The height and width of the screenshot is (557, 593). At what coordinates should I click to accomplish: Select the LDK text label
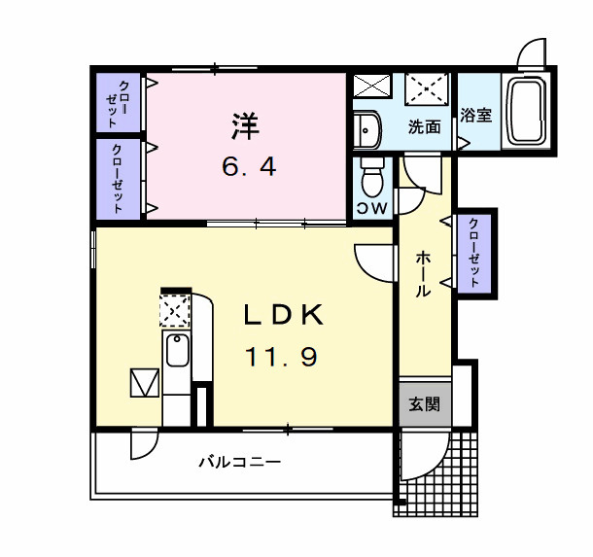(x=282, y=315)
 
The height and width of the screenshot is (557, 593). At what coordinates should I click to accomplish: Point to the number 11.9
(x=280, y=358)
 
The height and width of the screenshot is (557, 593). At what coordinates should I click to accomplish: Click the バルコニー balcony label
(x=240, y=462)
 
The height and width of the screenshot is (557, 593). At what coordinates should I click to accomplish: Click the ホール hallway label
(x=424, y=272)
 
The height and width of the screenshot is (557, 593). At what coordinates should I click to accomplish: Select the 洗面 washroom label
(x=424, y=126)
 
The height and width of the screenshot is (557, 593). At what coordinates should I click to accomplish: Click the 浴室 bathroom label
(x=476, y=115)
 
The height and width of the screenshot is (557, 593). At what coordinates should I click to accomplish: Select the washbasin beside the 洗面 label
(x=367, y=126)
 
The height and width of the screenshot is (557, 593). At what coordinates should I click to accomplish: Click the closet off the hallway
(x=474, y=253)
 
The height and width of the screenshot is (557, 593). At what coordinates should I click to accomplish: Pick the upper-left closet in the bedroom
(x=118, y=102)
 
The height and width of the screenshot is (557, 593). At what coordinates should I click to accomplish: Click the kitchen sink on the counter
(x=176, y=350)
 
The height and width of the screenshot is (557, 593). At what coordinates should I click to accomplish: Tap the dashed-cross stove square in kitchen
(x=174, y=310)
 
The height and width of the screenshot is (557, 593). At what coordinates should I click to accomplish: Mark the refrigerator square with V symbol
(x=144, y=383)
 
